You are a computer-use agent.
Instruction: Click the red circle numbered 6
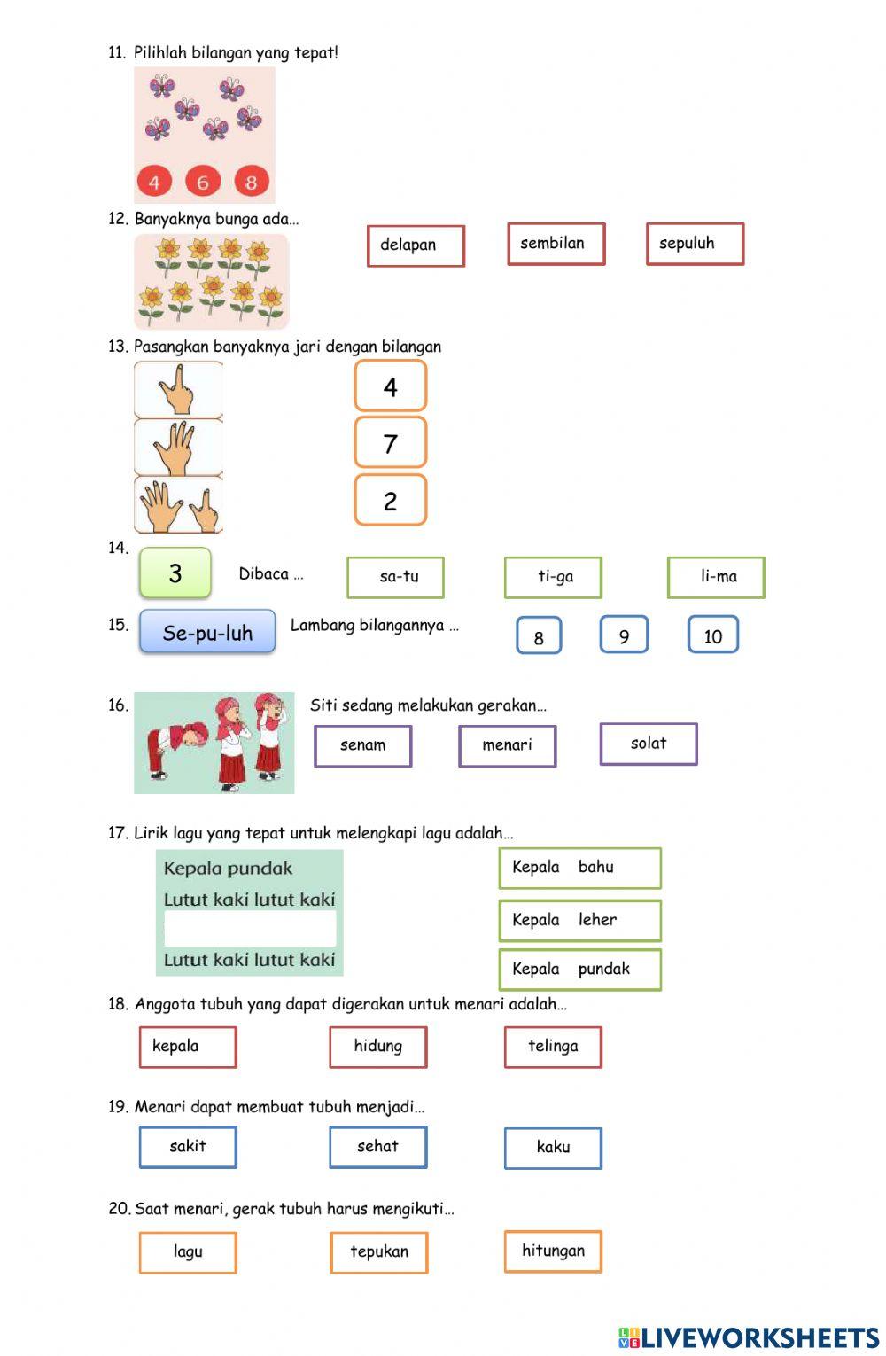[202, 182]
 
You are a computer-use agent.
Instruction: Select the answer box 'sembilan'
[556, 244]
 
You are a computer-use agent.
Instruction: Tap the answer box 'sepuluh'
[695, 244]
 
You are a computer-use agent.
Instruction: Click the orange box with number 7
[390, 443]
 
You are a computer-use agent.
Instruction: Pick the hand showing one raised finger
[178, 389]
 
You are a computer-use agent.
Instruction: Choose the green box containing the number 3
[175, 573]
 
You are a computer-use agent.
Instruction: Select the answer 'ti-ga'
[553, 577]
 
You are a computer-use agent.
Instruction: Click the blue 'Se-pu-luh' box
[207, 633]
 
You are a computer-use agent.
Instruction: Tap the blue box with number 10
[712, 635]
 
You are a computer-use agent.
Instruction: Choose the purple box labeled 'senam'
[362, 745]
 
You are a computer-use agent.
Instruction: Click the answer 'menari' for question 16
[507, 745]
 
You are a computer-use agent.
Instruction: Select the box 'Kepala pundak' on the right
[579, 969]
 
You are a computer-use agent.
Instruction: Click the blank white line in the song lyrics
[250, 929]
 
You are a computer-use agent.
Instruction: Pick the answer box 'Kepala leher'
[579, 920]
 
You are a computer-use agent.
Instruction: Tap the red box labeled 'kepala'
[187, 1047]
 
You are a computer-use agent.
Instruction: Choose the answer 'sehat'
[378, 1147]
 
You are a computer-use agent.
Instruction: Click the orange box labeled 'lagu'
[188, 1252]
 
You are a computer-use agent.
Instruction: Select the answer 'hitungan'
[553, 1251]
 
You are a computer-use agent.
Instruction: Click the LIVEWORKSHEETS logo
[749, 1337]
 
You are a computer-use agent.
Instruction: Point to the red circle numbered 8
[251, 182]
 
